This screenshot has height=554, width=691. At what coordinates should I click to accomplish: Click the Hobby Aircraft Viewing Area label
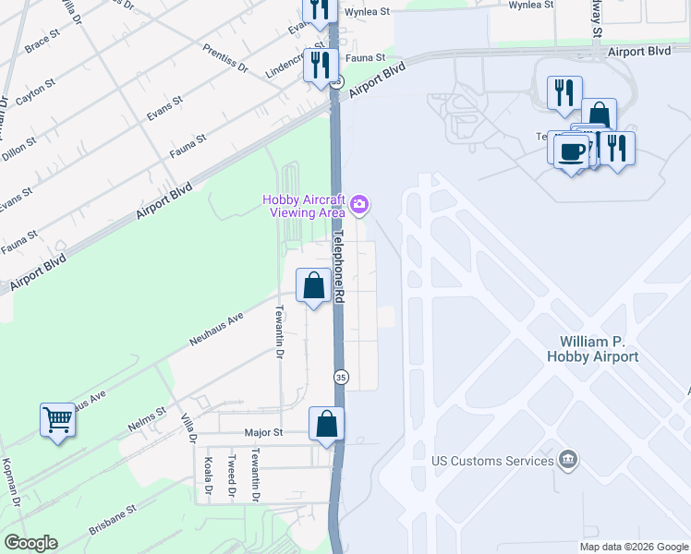304,206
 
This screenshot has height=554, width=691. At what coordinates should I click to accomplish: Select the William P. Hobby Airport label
605,349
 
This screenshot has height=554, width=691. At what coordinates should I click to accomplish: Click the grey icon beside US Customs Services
569,459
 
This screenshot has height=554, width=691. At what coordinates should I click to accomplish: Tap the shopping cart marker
57,421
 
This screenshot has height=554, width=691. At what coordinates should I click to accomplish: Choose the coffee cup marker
572,151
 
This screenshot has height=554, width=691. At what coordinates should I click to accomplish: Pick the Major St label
262,432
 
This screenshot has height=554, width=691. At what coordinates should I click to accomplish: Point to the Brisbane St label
113,521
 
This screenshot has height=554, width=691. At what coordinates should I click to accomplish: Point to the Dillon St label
18,148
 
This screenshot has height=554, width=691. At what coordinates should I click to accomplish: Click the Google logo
30,543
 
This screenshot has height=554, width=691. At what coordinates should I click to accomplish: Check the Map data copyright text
634,547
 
